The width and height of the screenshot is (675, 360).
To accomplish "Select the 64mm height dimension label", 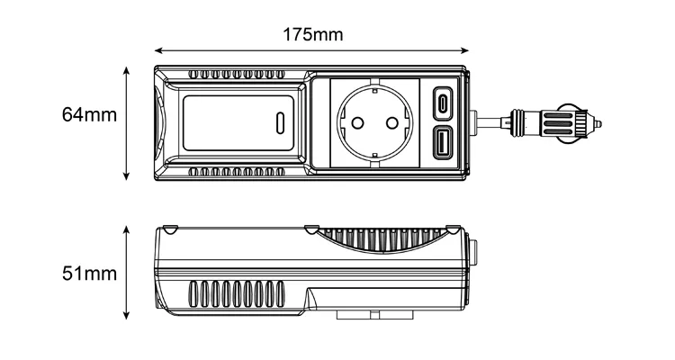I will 90,115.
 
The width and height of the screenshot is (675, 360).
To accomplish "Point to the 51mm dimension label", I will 90,273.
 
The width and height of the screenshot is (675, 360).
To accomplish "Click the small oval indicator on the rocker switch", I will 280,121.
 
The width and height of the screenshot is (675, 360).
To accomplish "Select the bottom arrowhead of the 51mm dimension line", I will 127,316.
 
